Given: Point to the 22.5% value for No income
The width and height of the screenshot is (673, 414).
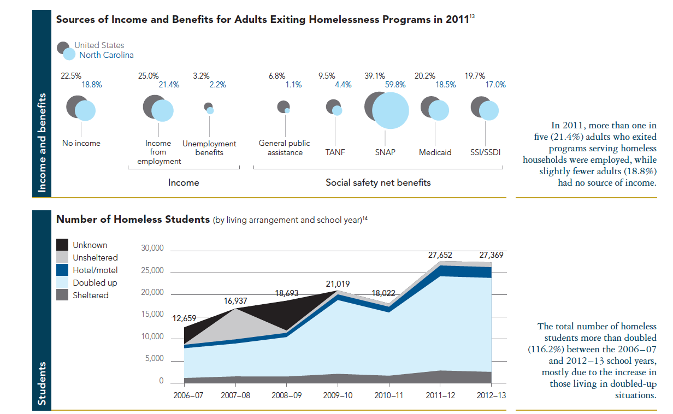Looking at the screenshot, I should [x=71, y=76].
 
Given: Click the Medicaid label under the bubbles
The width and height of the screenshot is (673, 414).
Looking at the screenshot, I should [x=435, y=152].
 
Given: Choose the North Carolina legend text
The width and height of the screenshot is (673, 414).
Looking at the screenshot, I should [x=106, y=55].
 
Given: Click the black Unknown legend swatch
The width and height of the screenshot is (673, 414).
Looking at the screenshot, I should [x=63, y=245].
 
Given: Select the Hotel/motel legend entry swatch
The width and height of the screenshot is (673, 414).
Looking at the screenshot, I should [x=63, y=270].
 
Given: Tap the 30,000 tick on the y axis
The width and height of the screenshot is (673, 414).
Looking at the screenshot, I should [x=152, y=249].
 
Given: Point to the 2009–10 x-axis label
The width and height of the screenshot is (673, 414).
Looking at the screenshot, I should [x=338, y=395].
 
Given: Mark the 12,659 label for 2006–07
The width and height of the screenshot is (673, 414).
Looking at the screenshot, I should [x=184, y=318].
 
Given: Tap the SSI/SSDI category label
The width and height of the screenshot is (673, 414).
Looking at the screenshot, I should [x=485, y=152].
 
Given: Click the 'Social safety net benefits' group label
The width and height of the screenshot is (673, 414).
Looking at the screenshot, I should [x=378, y=182].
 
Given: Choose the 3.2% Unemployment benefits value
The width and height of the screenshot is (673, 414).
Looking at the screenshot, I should [x=201, y=76].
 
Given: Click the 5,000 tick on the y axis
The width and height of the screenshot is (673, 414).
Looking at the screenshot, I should [x=154, y=359].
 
